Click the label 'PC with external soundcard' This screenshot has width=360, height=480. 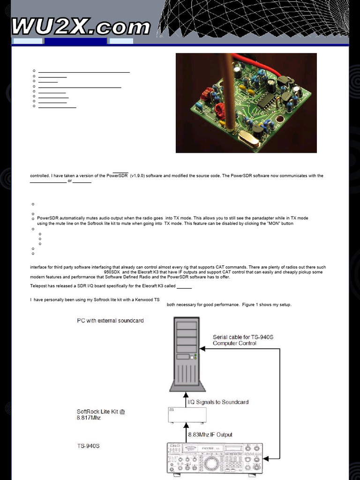110,321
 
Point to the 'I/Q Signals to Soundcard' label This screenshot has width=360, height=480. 217,402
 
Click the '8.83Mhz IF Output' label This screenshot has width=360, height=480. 210,435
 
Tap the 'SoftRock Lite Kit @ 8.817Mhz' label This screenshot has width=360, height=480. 101,414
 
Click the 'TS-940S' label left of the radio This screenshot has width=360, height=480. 88,446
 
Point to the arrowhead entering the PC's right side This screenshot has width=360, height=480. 202,349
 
